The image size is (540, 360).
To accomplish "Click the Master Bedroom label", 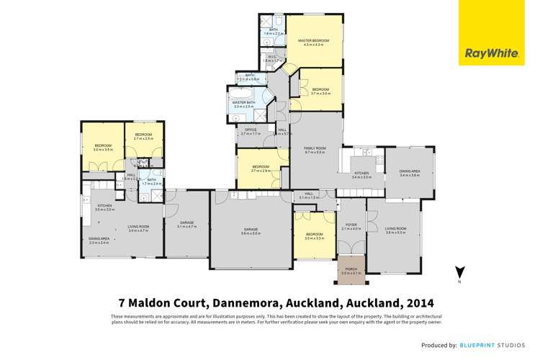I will coord(313,41).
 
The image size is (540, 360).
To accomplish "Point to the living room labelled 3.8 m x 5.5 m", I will coord(395,230).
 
